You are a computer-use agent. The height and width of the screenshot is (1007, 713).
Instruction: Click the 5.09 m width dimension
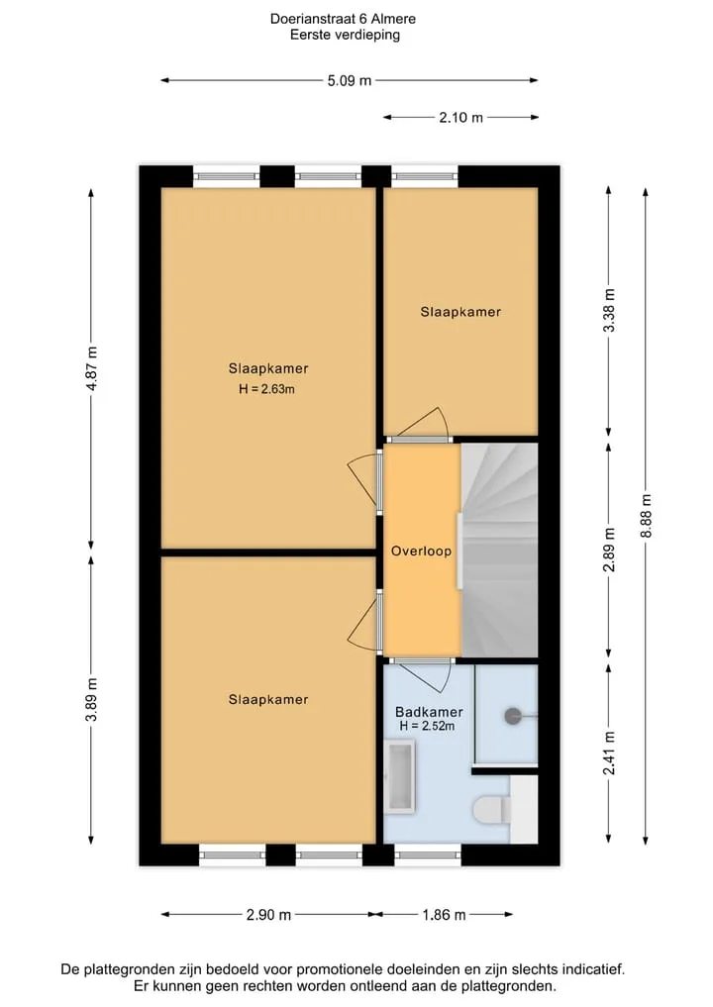pyautogui.click(x=350, y=81)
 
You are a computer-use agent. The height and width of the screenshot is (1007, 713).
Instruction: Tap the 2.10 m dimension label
pyautogui.click(x=460, y=118)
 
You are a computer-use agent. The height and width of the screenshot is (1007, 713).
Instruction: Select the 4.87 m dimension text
pyautogui.click(x=92, y=368)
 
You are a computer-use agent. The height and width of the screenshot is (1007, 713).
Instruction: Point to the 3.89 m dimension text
pyautogui.click(x=92, y=699)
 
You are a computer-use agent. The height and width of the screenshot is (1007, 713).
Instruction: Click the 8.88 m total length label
pyautogui.click(x=647, y=516)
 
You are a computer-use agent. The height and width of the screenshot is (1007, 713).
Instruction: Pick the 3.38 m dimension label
pyautogui.click(x=610, y=310)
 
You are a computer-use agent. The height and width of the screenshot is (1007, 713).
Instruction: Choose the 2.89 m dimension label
pyautogui.click(x=610, y=550)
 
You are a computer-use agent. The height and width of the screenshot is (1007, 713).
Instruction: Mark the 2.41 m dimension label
pyautogui.click(x=610, y=753)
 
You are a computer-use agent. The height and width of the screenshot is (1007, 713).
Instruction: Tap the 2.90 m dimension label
pyautogui.click(x=268, y=915)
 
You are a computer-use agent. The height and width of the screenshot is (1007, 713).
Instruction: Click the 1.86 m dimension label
pyautogui.click(x=444, y=915)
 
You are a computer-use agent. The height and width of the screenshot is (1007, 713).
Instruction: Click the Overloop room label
pyautogui.click(x=422, y=551)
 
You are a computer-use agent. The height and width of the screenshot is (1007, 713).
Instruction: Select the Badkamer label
pyautogui.click(x=429, y=712)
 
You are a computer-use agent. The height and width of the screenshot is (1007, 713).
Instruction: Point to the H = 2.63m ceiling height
pyautogui.click(x=266, y=388)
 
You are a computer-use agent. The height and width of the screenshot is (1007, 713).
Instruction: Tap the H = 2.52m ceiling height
pyautogui.click(x=427, y=726)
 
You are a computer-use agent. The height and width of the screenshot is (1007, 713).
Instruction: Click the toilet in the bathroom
pyautogui.click(x=492, y=810)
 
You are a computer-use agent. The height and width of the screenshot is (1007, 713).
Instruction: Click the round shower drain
pyautogui.click(x=513, y=716)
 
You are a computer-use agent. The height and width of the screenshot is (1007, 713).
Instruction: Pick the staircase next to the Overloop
pyautogui.click(x=499, y=551)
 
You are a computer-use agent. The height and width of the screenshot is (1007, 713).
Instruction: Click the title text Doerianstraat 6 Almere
pyautogui.click(x=343, y=19)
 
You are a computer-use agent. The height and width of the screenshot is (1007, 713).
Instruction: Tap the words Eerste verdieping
pyautogui.click(x=345, y=36)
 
